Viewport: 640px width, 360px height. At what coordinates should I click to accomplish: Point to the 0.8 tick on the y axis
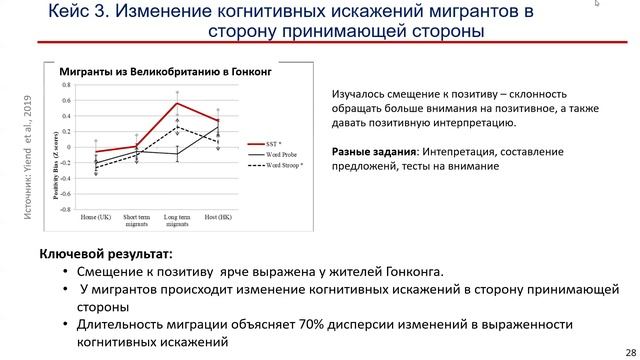(66, 85)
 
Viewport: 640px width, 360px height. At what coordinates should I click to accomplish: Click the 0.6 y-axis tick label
(66, 101)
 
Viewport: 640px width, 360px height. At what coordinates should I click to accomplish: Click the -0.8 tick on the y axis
(65, 210)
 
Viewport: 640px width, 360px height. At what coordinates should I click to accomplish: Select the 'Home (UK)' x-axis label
(96, 217)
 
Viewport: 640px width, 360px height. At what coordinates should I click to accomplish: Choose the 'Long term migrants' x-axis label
(177, 220)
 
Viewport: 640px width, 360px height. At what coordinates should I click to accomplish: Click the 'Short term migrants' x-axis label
(136, 220)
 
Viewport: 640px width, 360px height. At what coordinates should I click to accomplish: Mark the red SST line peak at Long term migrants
(177, 103)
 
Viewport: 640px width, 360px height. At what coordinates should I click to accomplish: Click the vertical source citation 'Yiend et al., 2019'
(27, 150)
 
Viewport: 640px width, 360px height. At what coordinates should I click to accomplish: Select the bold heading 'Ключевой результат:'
(107, 254)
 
